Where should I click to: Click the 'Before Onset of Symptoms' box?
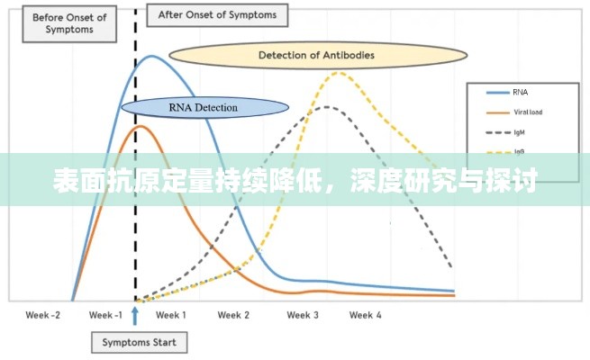pos(68,23)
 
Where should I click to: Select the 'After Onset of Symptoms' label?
pos(218,15)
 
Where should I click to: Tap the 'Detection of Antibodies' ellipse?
pos(316,55)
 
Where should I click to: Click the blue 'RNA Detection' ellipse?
pos(204,108)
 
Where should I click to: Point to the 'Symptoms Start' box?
pos(140,342)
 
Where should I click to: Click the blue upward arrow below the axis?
pos(135,315)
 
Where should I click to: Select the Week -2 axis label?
pos(43,315)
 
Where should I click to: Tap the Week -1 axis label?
pos(105,315)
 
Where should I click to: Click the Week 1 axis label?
pos(171,315)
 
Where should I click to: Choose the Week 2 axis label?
pos(234,315)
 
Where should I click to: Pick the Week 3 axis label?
pos(303,315)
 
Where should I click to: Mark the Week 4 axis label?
pos(366,315)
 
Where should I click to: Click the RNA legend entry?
pos(521,92)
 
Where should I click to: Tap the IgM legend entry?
pos(521,132)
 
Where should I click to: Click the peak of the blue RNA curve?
pos(151,57)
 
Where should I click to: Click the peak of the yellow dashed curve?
pos(337,72)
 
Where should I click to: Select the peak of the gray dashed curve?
pos(328,107)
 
